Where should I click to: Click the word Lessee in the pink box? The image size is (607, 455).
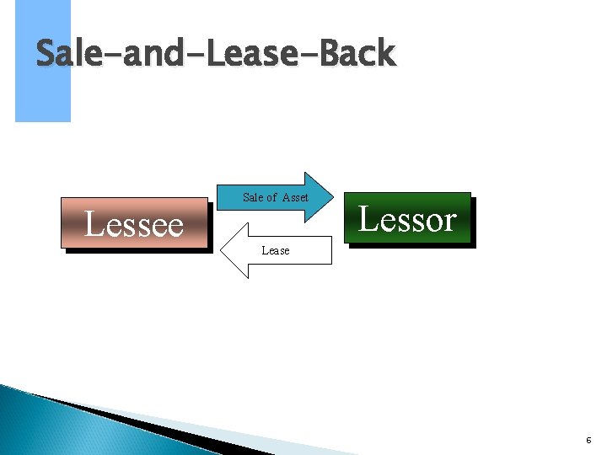(134, 224)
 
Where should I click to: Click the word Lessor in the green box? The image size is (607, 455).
(407, 218)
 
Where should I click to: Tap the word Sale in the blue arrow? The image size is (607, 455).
(252, 197)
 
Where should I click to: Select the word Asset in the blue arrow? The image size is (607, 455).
(295, 197)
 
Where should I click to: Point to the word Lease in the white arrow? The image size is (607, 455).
(275, 250)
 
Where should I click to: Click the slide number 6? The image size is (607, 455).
(588, 441)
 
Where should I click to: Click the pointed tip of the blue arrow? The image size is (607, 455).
(335, 197)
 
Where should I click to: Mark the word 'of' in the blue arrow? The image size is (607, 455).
(271, 197)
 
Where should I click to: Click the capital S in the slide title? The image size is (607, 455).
(47, 55)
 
